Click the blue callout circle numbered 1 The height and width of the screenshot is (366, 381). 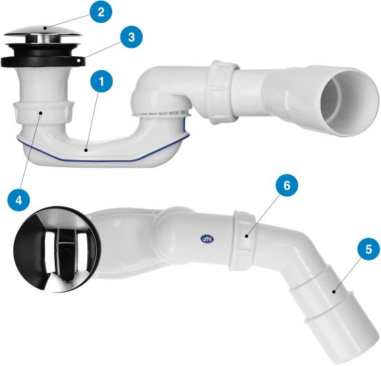(102, 81)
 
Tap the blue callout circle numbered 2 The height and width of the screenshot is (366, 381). (101, 12)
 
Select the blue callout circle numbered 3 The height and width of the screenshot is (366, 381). (131, 37)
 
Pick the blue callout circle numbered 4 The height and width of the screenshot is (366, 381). (19, 200)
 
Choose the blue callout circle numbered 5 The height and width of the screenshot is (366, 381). (369, 249)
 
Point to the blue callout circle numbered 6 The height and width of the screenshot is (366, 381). (287, 185)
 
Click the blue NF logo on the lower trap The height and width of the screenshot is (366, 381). (208, 239)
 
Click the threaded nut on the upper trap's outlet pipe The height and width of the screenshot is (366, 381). (223, 92)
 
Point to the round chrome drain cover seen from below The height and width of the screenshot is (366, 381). (57, 250)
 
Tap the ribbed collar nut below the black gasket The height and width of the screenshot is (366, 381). (42, 112)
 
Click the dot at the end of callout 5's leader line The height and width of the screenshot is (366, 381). (334, 291)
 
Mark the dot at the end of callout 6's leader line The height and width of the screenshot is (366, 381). (247, 236)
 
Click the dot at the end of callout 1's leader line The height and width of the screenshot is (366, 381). (85, 150)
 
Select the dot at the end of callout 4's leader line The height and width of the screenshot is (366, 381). (41, 112)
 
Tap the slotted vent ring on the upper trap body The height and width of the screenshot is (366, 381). (161, 113)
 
